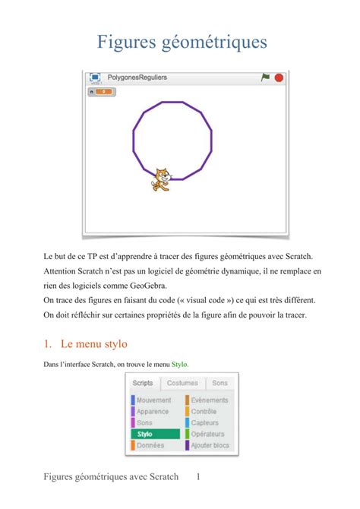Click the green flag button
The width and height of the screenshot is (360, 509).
265,77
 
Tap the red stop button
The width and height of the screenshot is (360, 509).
279,77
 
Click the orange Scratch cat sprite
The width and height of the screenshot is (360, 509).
160,179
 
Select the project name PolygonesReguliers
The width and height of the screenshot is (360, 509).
137,77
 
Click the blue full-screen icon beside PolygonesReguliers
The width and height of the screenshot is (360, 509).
95,77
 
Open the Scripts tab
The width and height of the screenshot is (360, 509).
143,383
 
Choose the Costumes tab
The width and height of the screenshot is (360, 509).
182,383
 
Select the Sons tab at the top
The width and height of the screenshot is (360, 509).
219,383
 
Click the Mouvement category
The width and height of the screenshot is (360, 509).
153,400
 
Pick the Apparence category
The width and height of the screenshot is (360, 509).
153,411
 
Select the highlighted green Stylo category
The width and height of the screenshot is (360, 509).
155,434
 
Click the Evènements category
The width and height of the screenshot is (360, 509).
209,400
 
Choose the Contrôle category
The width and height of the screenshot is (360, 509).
204,411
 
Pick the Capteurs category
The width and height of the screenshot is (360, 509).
204,422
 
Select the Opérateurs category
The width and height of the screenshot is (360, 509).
208,434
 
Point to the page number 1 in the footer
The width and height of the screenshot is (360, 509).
197,477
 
